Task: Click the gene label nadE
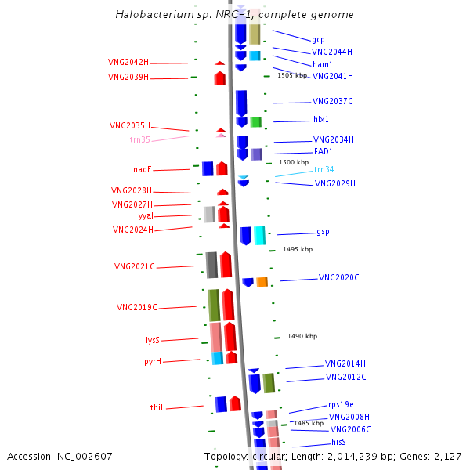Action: tap(142, 169)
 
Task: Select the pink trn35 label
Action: tap(139, 139)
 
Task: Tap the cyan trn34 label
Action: tap(324, 169)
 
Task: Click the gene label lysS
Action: tap(153, 340)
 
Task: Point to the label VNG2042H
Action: tap(128, 62)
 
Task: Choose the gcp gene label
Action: tap(318, 39)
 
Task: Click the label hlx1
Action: tap(321, 120)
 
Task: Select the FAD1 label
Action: tap(324, 151)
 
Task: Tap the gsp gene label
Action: tap(323, 232)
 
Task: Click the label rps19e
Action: tap(342, 404)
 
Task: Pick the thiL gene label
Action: tap(157, 407)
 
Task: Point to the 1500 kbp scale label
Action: tap(293, 162)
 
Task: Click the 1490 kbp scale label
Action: tap(302, 336)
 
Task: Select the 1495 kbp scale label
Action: tap(298, 249)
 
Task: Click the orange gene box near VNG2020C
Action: tap(262, 282)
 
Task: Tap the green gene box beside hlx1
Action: tap(255, 122)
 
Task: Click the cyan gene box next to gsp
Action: tap(259, 235)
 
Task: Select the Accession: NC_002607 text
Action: tap(60, 456)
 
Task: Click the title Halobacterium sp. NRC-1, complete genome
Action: tap(234, 15)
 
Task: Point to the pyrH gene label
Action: tap(153, 361)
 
